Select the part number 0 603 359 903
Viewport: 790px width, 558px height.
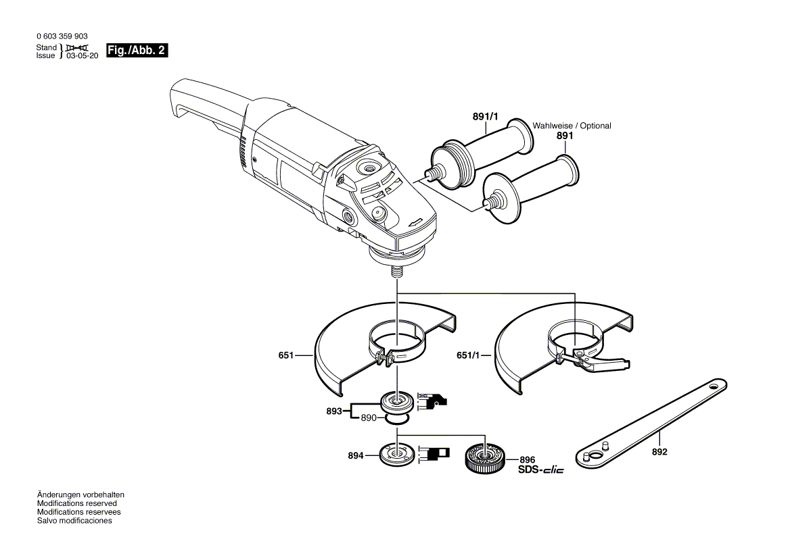62,36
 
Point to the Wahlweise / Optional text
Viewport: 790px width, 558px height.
572,126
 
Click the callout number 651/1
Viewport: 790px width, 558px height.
469,355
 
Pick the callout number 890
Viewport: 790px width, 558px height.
368,418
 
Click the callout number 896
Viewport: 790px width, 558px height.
528,459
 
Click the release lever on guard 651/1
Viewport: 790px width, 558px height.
609,364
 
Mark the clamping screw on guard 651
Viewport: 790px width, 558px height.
385,357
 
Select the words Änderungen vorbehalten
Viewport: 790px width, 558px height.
80,494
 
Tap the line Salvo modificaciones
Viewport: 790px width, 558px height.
74,521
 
